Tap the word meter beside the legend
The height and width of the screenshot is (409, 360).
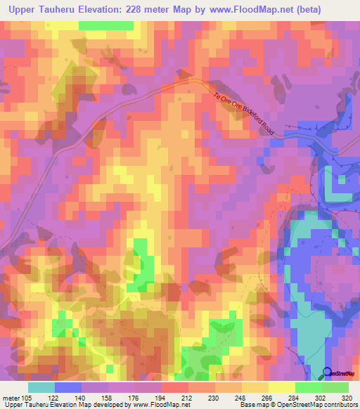[10, 397]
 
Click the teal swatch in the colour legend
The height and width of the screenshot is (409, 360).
[41, 387]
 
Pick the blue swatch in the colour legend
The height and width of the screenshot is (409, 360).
[68, 387]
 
